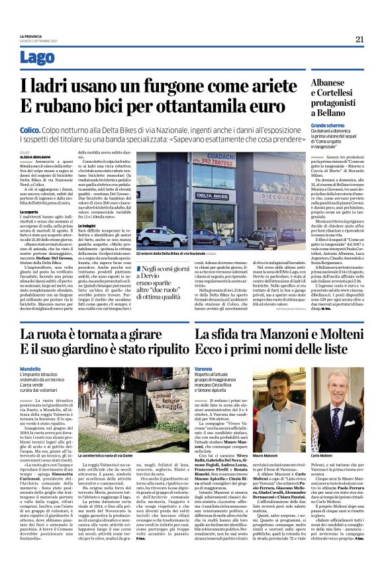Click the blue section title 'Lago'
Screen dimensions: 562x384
coord(38,58)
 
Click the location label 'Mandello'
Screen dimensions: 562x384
coord(30,369)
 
